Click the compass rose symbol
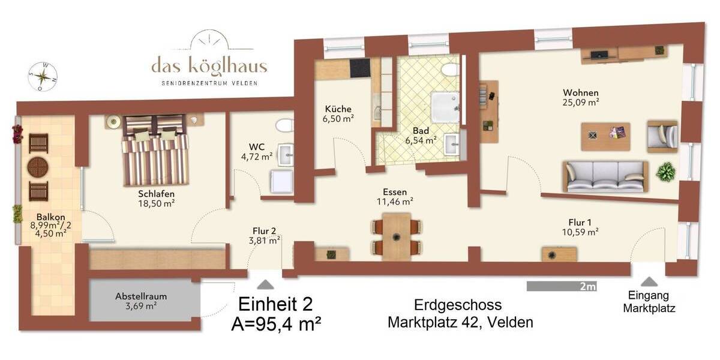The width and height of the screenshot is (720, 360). click(43, 76)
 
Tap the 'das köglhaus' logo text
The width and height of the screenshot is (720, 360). click(209, 65)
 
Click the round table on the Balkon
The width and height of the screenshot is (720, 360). click(38, 167)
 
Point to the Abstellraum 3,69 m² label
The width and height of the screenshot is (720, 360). click(142, 301)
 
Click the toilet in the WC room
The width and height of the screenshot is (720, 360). click(283, 125)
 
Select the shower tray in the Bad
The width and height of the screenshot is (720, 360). click(446, 106)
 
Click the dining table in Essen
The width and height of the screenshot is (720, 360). click(396, 235)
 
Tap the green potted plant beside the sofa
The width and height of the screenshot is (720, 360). click(665, 173)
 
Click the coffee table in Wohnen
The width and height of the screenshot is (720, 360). click(605, 136)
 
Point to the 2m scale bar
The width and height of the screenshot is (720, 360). click(561, 287)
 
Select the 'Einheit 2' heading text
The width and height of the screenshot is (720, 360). click(276, 304)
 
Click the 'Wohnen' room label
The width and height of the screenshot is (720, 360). click(580, 92)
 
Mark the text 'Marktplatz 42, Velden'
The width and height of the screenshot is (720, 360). click(460, 322)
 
